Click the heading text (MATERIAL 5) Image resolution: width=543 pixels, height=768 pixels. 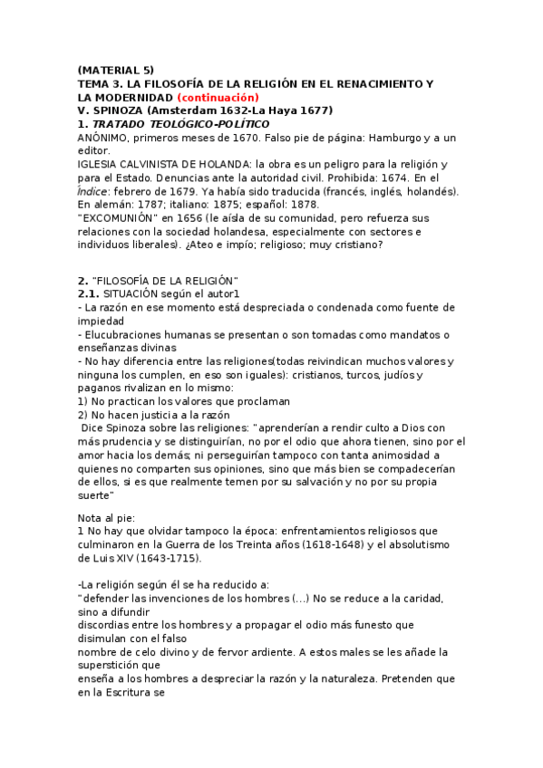[116, 70]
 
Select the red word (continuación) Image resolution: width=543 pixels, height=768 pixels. [218, 97]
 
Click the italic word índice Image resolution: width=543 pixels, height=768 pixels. [96, 191]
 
